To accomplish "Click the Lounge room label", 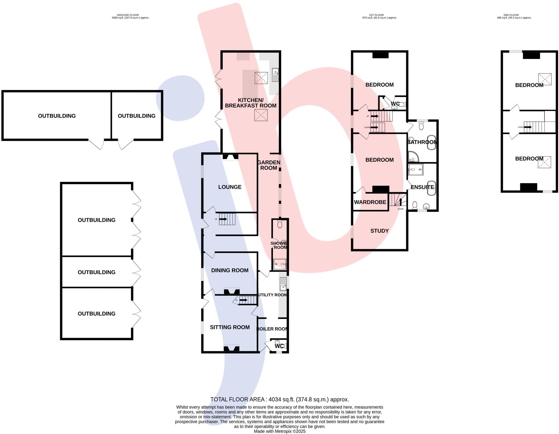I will coord(230,187).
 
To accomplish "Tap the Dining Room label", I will coord(230,270).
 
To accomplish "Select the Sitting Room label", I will coord(230,327).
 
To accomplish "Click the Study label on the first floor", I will coord(379,231).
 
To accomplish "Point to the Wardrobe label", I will coord(370,202).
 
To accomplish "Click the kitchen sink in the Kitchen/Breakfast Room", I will coord(275,75).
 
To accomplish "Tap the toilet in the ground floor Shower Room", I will coord(279,224).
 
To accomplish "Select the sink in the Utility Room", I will coord(283,284).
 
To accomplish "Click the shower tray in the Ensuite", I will coord(415,169).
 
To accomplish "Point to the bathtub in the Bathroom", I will coord(431,142).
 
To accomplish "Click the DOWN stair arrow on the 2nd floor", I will coord(528,127).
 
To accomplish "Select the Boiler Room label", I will coord(272,329).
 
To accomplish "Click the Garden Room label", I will coord(269,165).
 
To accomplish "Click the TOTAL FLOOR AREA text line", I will coord(279,399).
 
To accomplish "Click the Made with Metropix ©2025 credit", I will coord(279,431).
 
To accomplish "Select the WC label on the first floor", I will coord(395,104).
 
